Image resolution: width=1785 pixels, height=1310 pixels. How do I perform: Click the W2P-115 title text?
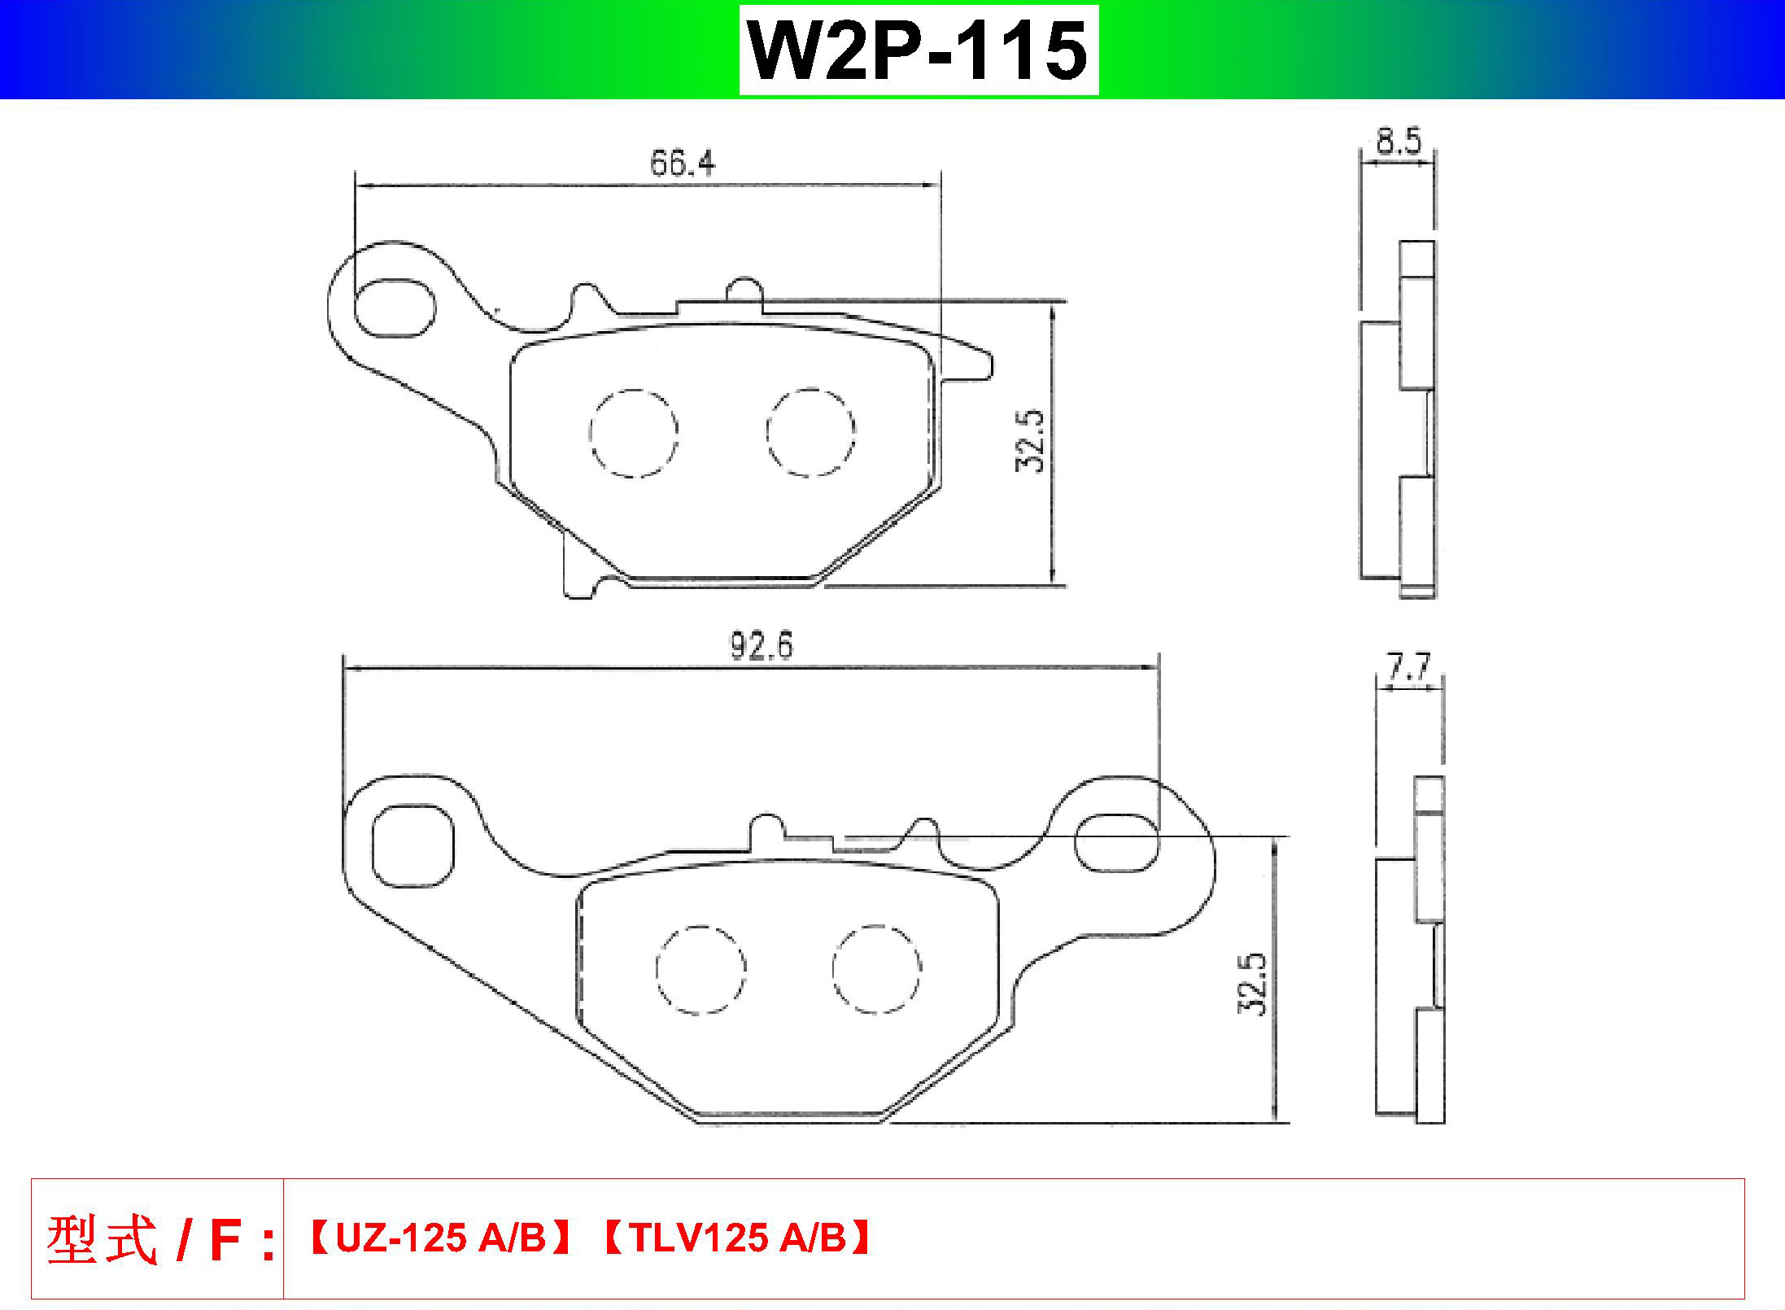click(x=918, y=50)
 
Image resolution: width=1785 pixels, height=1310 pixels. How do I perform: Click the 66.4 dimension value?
click(x=683, y=164)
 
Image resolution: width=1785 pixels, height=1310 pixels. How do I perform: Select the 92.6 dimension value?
click(x=761, y=645)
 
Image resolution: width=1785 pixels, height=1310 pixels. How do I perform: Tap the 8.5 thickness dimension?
click(x=1399, y=142)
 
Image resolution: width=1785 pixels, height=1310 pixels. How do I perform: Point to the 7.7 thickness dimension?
click(x=1408, y=668)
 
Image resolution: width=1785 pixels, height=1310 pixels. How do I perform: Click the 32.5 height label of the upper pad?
click(x=1029, y=440)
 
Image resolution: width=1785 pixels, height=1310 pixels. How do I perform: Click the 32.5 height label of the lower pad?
click(x=1252, y=984)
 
